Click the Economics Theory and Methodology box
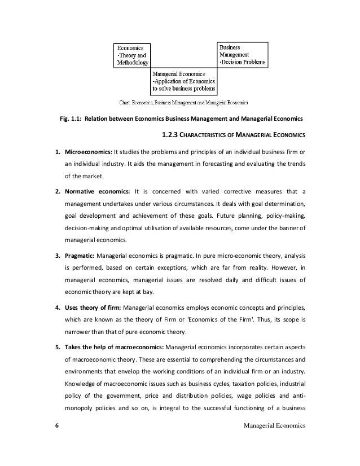point(131,57)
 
